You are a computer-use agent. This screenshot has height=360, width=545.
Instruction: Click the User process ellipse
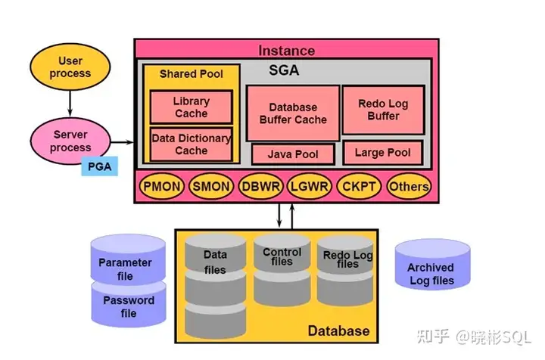pyautogui.click(x=70, y=67)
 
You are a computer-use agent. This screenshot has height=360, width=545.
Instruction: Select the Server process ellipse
pyautogui.click(x=70, y=141)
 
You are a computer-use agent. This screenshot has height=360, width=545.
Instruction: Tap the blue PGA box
pyautogui.click(x=99, y=166)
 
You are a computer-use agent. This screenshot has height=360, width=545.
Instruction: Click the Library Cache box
pyautogui.click(x=192, y=107)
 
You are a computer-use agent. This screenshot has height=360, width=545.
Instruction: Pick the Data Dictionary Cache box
pyautogui.click(x=192, y=144)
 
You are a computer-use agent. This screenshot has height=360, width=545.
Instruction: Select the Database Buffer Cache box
pyautogui.click(x=293, y=113)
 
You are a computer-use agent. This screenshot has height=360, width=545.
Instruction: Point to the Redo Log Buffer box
pyautogui.click(x=383, y=110)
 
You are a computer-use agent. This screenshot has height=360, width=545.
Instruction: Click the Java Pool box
pyautogui.click(x=293, y=154)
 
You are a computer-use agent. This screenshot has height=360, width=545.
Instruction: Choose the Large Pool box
pyautogui.click(x=383, y=153)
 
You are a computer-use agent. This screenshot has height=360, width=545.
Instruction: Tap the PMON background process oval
pyautogui.click(x=162, y=186)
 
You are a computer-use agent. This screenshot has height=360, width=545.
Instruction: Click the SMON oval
pyautogui.click(x=211, y=186)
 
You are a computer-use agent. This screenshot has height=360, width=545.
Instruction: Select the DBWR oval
pyautogui.click(x=260, y=186)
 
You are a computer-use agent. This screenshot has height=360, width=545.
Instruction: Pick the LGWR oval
pyautogui.click(x=310, y=186)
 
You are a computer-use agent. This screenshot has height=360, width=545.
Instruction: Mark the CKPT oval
pyautogui.click(x=359, y=186)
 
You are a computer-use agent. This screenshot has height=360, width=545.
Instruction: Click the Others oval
pyautogui.click(x=409, y=186)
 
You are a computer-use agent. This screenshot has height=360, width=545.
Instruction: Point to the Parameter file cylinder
pyautogui.click(x=128, y=260)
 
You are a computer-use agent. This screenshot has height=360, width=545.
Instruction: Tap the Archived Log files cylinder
pyautogui.click(x=432, y=265)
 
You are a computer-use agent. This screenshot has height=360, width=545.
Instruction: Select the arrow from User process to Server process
pyautogui.click(x=70, y=104)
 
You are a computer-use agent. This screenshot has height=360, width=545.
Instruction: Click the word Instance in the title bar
pyautogui.click(x=287, y=51)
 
